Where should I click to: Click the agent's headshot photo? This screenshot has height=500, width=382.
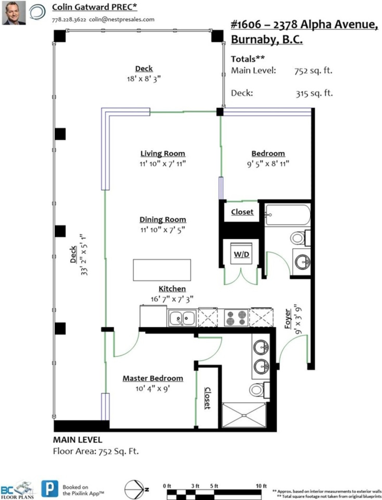click(14, 13)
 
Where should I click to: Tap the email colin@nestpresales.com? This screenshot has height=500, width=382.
click(122, 20)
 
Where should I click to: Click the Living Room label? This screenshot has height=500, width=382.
click(163, 154)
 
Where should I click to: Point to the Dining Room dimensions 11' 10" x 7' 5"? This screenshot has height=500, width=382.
click(163, 230)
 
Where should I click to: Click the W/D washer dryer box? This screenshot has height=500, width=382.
click(242, 254)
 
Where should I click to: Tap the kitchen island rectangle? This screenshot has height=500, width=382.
click(162, 270)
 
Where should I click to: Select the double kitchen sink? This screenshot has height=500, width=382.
click(182, 318)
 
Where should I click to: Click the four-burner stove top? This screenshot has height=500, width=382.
click(236, 318)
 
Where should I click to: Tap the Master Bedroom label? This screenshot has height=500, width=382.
click(153, 378)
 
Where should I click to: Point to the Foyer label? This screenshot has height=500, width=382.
click(288, 319)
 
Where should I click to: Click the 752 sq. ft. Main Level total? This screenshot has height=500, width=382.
click(313, 71)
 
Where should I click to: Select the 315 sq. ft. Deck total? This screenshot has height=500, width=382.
click(314, 93)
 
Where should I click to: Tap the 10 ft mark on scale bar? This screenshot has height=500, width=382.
click(261, 486)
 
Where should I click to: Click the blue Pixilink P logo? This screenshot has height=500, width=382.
click(50, 489)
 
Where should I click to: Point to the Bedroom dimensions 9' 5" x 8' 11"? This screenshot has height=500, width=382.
click(268, 164)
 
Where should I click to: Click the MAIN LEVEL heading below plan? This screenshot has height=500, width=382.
click(77, 440)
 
